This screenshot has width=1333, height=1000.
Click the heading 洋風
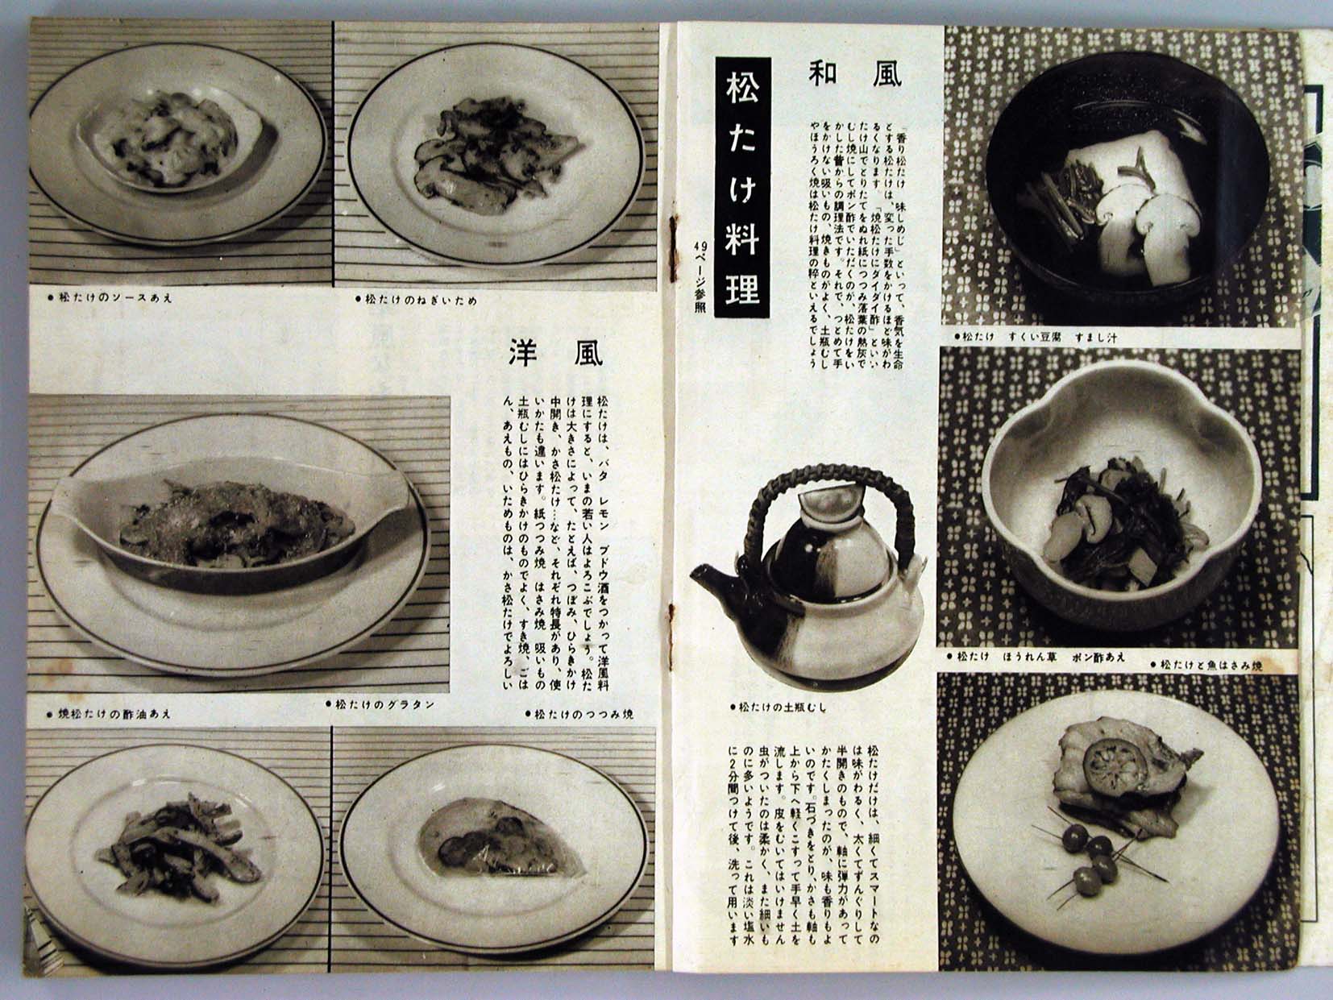[555, 353]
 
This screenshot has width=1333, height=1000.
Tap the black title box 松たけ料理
[742, 189]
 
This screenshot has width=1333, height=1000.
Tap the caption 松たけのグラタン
[380, 703]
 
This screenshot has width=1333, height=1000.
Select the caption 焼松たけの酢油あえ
[109, 714]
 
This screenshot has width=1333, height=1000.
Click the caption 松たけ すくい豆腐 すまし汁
[1035, 336]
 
